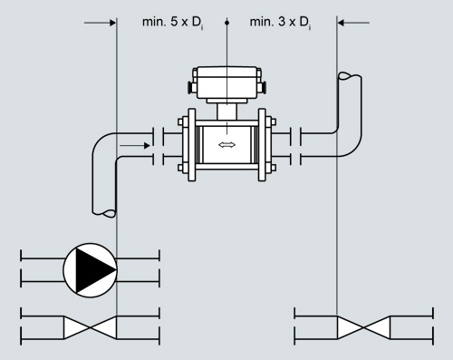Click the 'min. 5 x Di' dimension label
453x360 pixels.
point(173,23)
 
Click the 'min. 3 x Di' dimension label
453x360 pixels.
point(280,23)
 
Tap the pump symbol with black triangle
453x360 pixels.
point(90,270)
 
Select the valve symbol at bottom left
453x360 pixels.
point(90,327)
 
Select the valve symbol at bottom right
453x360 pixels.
point(363,327)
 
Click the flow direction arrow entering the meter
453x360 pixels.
point(135,146)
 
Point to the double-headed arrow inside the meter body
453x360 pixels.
point(226,145)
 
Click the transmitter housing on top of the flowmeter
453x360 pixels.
point(226,83)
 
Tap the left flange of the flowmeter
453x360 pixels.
point(191,145)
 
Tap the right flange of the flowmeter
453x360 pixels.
point(262,145)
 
